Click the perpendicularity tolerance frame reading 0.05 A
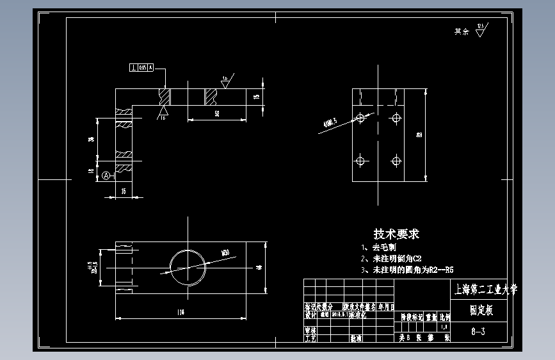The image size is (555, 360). (141, 67)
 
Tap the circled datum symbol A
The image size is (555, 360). (106, 175)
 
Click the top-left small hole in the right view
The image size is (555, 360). (360, 118)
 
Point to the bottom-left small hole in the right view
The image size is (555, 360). (360, 160)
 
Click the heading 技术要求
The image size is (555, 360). (396, 234)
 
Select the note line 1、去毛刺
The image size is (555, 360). (380, 247)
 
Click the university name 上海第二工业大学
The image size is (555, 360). (484, 290)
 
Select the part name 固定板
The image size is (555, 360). (481, 310)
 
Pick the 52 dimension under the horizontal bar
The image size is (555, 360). (217, 113)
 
